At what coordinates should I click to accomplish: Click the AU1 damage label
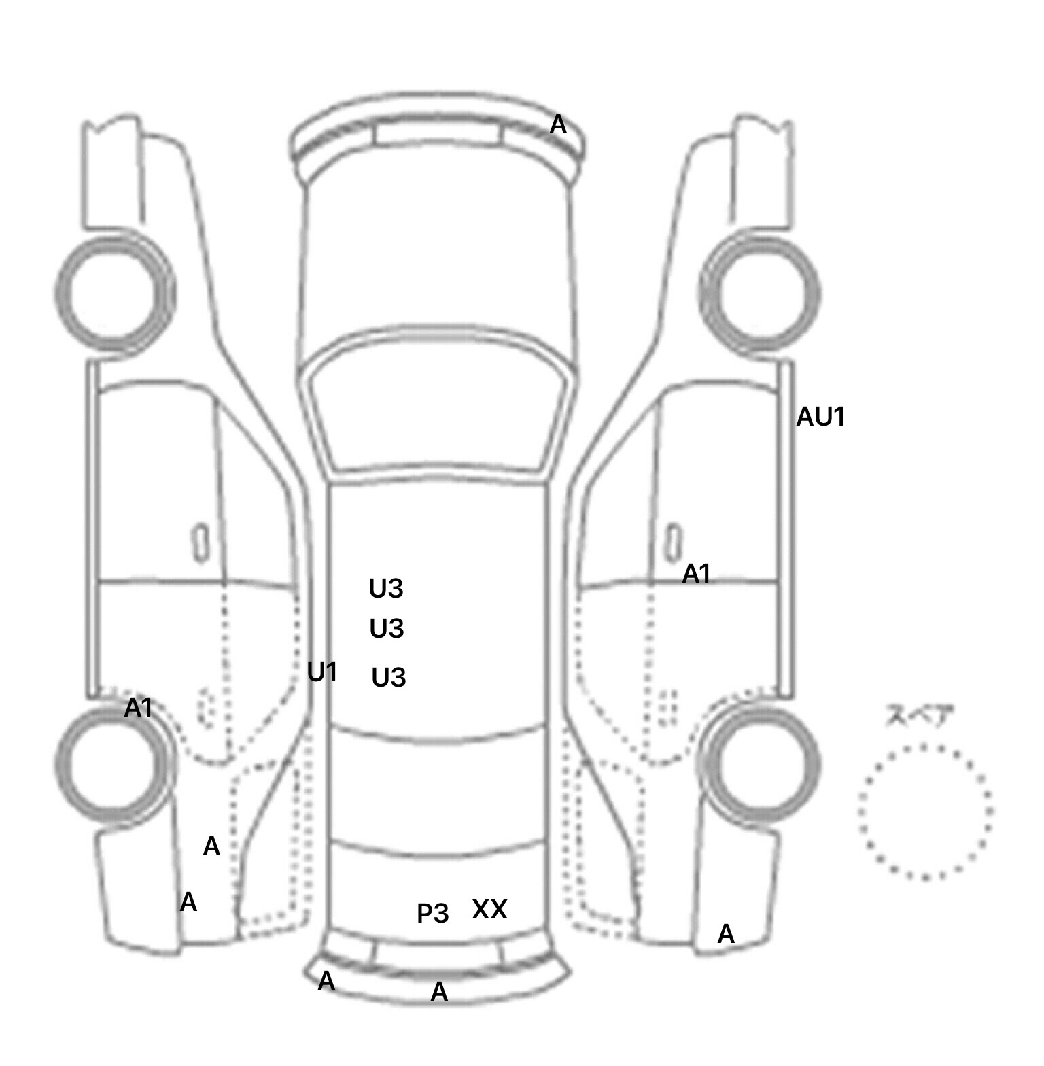click(x=820, y=417)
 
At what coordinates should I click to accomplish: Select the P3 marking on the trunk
click(x=433, y=913)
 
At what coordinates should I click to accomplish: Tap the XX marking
click(x=489, y=909)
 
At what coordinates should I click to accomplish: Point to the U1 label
click(x=322, y=672)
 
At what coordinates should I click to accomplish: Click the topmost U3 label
click(x=386, y=588)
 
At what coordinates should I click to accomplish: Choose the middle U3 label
click(x=387, y=629)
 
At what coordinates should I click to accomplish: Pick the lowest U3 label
click(x=389, y=677)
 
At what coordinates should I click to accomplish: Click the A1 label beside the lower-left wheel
click(x=139, y=708)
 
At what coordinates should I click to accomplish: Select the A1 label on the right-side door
click(x=696, y=574)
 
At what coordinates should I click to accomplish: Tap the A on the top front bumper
click(x=558, y=124)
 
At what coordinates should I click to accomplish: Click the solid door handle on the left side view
click(x=201, y=543)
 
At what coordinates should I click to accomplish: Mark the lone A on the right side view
click(x=726, y=935)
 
